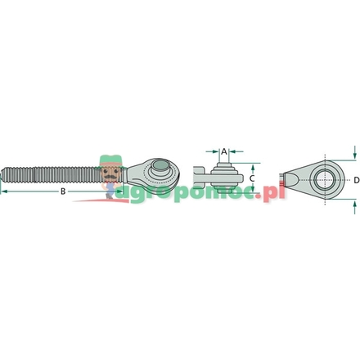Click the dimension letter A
pos(223,151)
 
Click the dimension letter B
pos(62,191)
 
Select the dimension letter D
pos(356,177)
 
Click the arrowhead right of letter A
pos(232,151)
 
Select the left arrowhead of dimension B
pos(3,191)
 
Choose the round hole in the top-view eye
pos(326,177)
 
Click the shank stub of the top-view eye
pos(286,177)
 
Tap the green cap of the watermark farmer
pos(107,161)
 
